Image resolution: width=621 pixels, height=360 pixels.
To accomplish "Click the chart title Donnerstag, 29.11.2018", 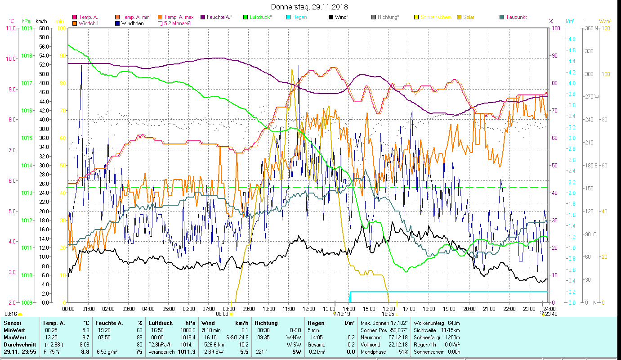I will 310,7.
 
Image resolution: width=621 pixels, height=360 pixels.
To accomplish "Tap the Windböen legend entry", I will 132,23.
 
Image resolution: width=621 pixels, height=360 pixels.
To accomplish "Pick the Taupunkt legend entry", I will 516,17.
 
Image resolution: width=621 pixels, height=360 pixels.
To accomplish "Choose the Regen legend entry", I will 300,17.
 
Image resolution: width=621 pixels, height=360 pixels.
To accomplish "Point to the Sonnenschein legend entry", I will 435,17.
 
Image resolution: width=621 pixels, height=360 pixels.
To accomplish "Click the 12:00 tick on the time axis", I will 309,309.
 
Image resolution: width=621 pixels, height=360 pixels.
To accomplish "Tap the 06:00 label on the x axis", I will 188,309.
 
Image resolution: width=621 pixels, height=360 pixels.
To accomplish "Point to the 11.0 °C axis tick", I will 10,28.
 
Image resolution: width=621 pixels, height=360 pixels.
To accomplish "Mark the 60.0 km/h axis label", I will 44,28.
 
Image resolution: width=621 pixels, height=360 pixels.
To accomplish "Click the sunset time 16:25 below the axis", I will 388,314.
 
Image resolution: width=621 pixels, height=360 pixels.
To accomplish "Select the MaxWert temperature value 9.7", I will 85,337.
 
